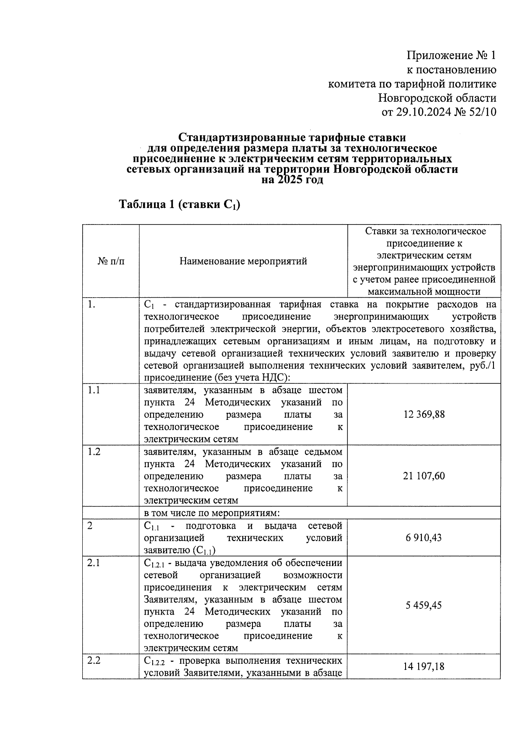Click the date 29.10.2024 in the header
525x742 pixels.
click(423, 112)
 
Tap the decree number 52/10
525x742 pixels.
click(483, 112)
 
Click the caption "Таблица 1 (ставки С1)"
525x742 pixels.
click(180, 204)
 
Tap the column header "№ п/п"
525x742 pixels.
click(111, 261)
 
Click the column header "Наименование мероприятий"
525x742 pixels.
click(243, 261)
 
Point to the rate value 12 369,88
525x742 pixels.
click(423, 414)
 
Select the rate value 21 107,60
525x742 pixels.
click(423, 476)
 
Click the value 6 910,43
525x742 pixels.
click(423, 538)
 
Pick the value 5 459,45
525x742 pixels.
click(423, 605)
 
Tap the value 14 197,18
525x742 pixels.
click(423, 666)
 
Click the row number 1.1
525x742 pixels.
click(94, 390)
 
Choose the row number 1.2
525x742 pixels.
click(94, 452)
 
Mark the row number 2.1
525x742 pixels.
click(94, 563)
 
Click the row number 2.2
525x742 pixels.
click(94, 661)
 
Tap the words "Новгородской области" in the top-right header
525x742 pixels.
click(437, 98)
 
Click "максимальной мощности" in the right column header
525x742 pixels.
click(424, 292)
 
